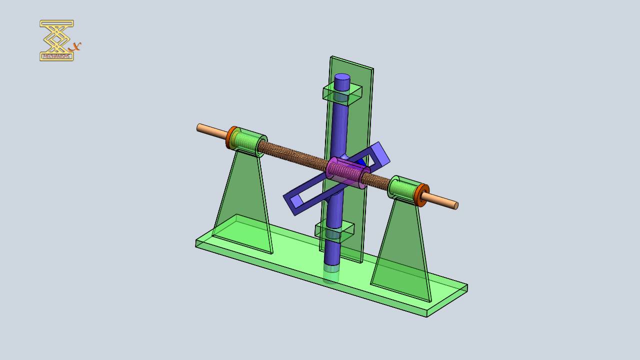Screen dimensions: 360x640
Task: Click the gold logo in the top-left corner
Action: (x=57, y=40)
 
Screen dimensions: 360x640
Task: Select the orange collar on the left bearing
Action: (x=231, y=137)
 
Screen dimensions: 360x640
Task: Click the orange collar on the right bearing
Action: (x=423, y=195)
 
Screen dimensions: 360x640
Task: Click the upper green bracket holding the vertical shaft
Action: (x=342, y=93)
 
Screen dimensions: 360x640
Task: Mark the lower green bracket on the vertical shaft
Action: (x=334, y=230)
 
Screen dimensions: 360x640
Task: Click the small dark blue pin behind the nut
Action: (x=361, y=162)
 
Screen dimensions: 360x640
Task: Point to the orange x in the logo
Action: (x=76, y=46)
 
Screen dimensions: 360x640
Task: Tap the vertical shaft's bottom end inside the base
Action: (x=330, y=274)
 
